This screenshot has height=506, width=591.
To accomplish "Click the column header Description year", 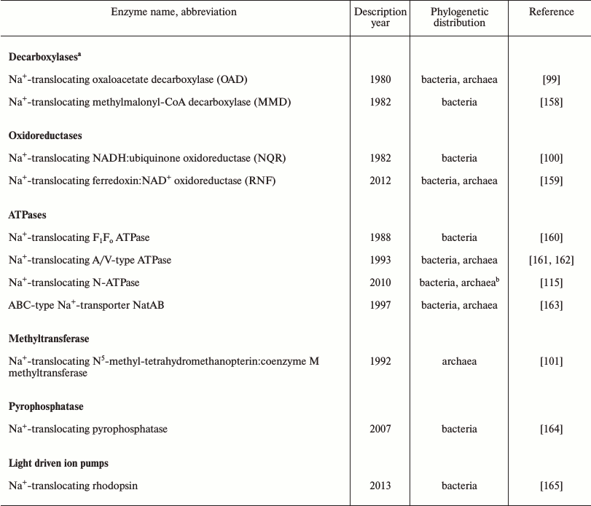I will pos(380,17).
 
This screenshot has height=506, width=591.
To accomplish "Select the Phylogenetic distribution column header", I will pos(459,17).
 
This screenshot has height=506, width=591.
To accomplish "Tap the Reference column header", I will pos(551,12).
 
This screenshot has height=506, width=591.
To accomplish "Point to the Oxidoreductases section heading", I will pos(45,135).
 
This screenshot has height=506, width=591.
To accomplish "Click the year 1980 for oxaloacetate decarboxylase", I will pos(380,79).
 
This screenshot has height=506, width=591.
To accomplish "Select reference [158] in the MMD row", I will pos(551,102).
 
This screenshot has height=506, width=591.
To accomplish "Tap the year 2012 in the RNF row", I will pos(380,181).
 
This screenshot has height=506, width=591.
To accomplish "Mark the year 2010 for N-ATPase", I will pos(380,282).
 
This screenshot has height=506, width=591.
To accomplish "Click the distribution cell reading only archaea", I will pos(459,361).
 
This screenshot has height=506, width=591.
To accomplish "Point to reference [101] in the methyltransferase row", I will pos(551,361).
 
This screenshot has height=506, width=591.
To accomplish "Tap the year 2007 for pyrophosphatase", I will pos(380,429).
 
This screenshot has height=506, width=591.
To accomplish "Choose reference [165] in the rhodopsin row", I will pos(551,486).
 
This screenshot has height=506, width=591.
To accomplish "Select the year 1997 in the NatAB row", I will pos(380,305).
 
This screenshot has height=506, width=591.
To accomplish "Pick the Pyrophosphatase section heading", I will pos(46,406).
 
